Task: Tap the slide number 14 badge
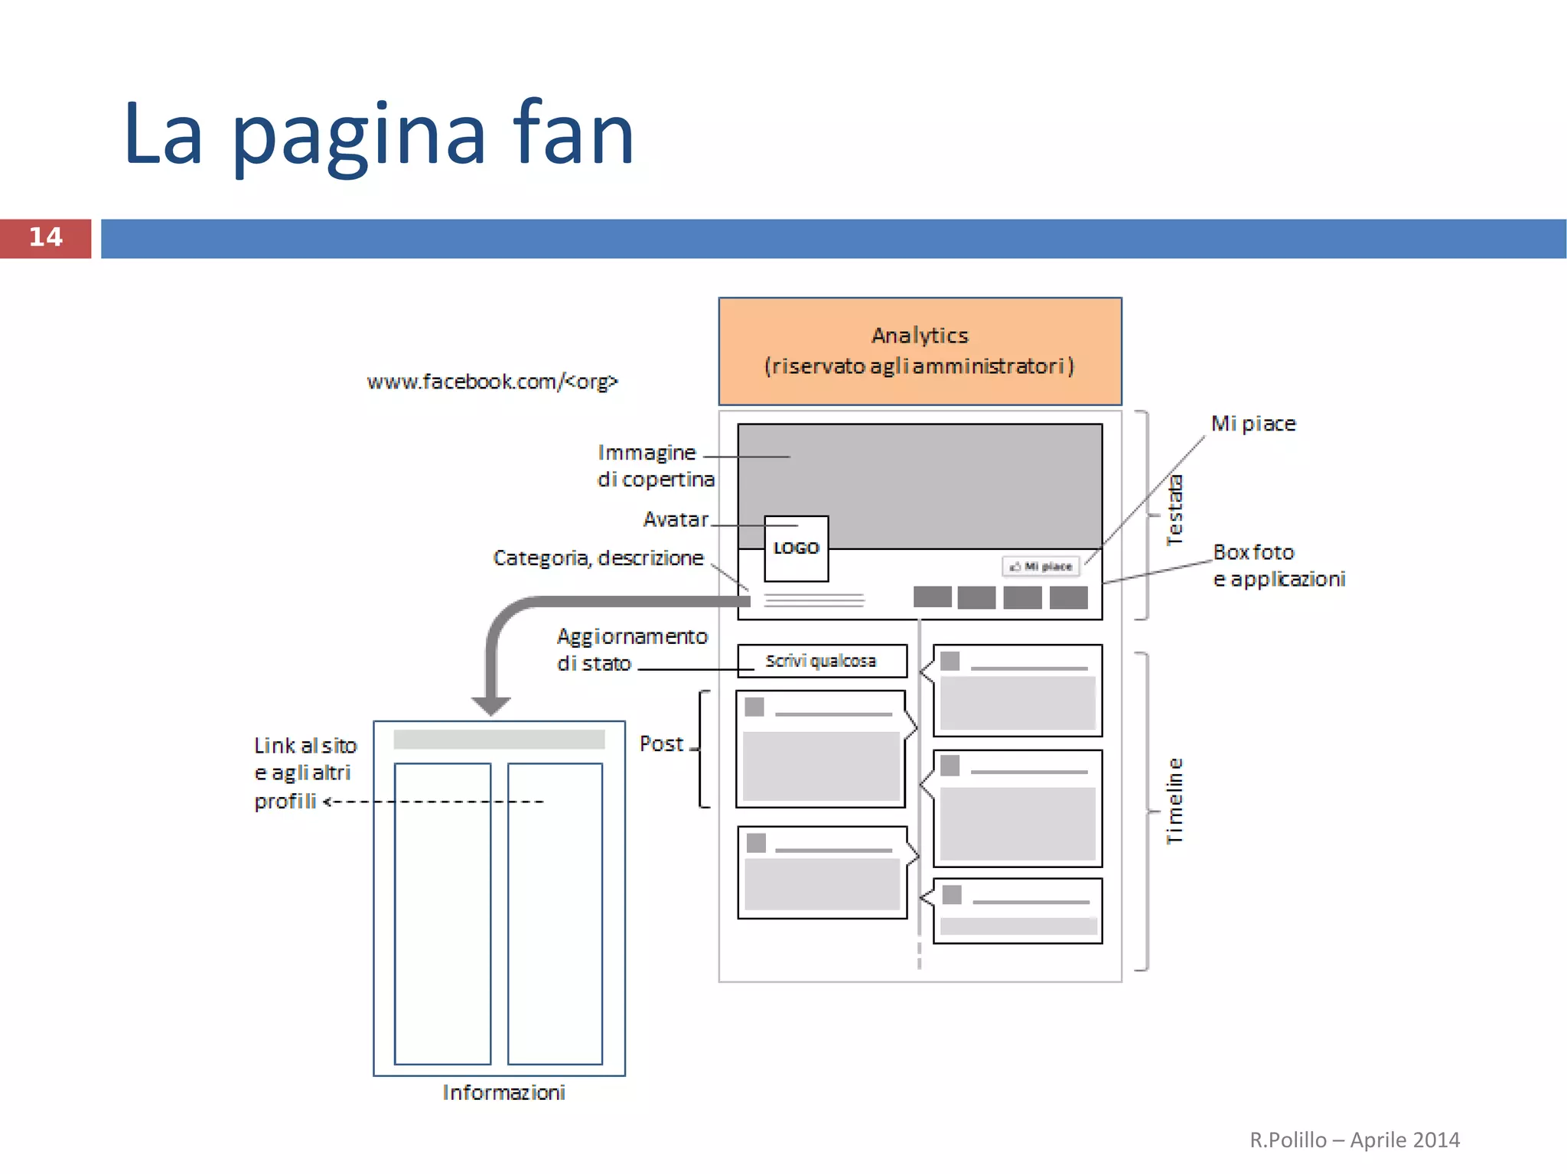click(45, 238)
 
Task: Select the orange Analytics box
click(920, 351)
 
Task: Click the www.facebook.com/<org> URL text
click(492, 381)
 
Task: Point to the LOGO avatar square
click(796, 548)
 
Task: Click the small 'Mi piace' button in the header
click(1041, 566)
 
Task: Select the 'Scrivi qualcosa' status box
click(822, 661)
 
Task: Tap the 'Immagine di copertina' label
click(655, 466)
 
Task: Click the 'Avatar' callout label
click(676, 519)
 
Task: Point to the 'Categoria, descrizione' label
click(598, 558)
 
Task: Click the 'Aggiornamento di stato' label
click(631, 649)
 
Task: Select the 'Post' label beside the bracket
click(661, 743)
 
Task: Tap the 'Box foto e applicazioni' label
click(1278, 565)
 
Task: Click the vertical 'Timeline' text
click(1174, 801)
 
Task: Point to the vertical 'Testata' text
click(1174, 510)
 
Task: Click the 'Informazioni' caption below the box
click(503, 1092)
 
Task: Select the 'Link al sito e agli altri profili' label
click(305, 772)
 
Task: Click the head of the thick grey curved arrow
click(490, 704)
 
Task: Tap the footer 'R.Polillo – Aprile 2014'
click(1354, 1140)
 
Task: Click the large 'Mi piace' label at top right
click(1253, 424)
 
